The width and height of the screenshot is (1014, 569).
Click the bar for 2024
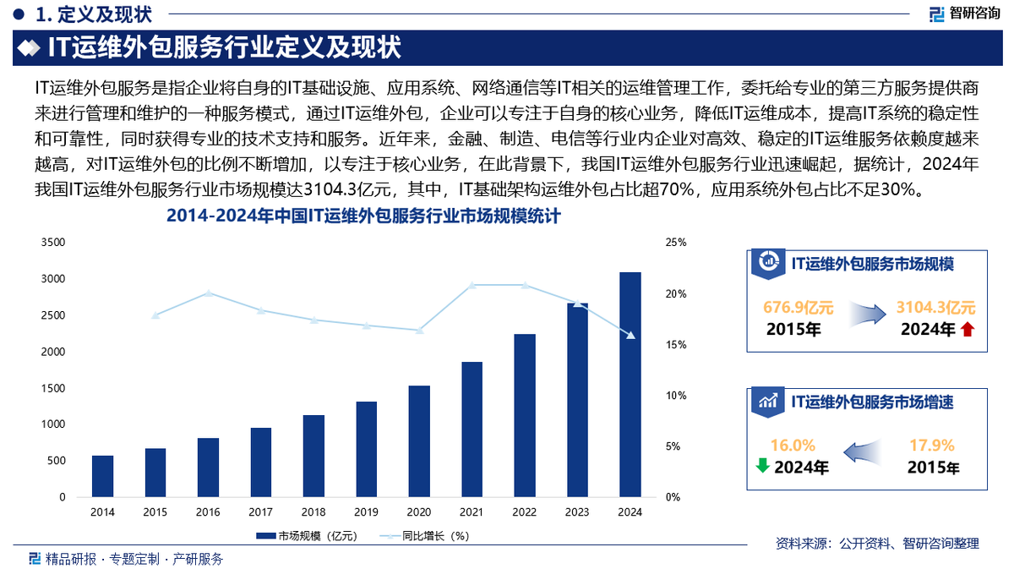coord(630,385)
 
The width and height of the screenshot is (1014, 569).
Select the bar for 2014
coord(102,476)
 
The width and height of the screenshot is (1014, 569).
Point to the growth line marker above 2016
coord(208,293)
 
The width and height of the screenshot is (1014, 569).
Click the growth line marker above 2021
coord(472,285)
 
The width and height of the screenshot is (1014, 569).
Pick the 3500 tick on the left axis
coord(53,243)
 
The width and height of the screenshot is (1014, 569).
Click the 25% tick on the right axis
coord(676,243)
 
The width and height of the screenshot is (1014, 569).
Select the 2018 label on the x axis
coord(313,512)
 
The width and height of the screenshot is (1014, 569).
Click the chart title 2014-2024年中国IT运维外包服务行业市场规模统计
coord(363,218)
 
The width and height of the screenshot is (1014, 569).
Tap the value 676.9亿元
coord(798,307)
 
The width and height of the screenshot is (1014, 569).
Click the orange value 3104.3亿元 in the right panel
coord(940,307)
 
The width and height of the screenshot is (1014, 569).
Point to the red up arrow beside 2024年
coord(968,330)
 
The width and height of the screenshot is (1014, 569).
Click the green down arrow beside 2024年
coord(761,465)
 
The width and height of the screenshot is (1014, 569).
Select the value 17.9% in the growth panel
coord(931,445)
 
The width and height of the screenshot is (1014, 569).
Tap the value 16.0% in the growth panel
coord(793,445)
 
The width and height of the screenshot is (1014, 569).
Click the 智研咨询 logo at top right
coord(965,14)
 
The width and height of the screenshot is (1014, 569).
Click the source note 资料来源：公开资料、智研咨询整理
coord(877,543)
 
